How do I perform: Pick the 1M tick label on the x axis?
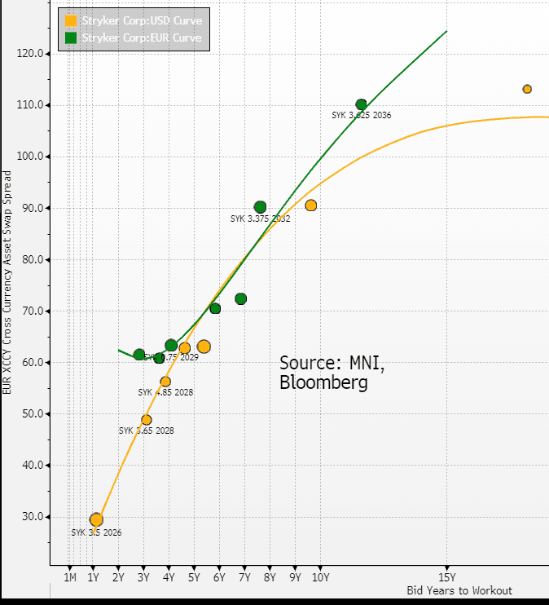(70, 578)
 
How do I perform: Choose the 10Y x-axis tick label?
(320, 578)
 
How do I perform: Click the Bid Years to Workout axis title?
(459, 590)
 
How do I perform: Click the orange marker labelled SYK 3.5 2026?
(96, 519)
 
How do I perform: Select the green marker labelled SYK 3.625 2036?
(361, 104)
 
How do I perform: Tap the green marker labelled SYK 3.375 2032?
(260, 207)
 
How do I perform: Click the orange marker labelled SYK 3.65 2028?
(147, 420)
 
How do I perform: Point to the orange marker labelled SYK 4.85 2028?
(165, 381)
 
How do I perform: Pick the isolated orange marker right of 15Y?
(527, 89)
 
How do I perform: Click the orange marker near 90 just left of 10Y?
(310, 205)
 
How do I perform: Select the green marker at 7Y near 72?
(241, 299)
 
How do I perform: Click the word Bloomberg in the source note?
(323, 382)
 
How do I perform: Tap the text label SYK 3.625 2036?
(362, 116)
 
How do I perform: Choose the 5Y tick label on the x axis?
(194, 578)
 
